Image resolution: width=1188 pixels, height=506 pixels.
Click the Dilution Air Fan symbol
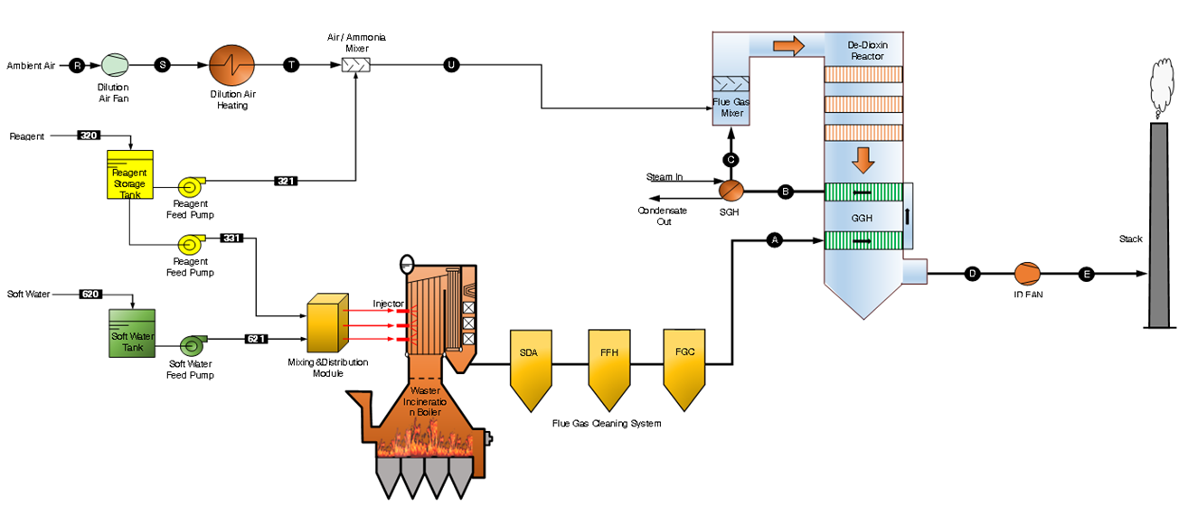115,65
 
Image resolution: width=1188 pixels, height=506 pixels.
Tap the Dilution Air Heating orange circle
231,66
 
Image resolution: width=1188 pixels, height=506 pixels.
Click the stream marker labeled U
451,65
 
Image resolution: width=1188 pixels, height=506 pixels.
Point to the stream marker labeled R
78,65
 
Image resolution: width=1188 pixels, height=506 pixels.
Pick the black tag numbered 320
90,136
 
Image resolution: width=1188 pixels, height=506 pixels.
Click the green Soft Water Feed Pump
192,344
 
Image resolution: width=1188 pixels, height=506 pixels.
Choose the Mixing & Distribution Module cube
326,323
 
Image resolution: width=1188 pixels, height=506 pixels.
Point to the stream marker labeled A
774,239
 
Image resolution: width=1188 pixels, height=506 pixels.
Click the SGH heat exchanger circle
730,190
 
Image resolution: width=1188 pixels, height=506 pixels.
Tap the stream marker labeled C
731,159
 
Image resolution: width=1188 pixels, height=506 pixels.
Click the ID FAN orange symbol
1026,273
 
